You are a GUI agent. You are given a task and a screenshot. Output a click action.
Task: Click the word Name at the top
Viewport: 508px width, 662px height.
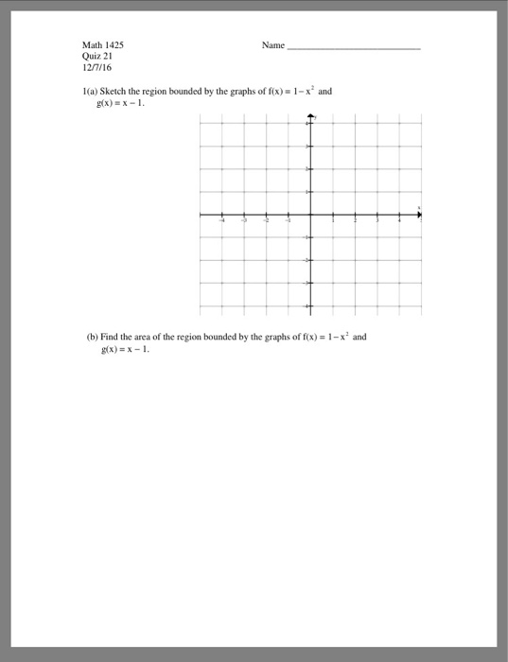(272, 44)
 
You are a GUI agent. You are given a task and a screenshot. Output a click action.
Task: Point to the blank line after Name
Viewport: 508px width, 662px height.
(354, 46)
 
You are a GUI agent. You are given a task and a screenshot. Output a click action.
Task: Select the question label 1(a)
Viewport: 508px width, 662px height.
(93, 92)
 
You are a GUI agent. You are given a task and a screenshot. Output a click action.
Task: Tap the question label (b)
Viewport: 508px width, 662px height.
(92, 336)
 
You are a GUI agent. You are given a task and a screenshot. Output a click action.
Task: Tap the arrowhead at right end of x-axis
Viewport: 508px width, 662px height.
(421, 216)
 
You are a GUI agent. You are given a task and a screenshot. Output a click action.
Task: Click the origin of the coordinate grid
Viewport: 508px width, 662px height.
(310, 216)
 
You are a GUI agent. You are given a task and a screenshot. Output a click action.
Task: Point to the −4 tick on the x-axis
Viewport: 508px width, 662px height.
(222, 216)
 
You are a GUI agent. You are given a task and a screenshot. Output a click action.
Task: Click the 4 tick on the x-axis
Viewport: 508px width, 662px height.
(398, 216)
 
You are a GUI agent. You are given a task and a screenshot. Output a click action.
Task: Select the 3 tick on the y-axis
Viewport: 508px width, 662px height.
(310, 147)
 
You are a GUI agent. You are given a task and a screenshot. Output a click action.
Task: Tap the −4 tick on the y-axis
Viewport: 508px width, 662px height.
(310, 306)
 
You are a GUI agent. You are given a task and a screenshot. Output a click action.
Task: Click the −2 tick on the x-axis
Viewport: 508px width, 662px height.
(266, 216)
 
